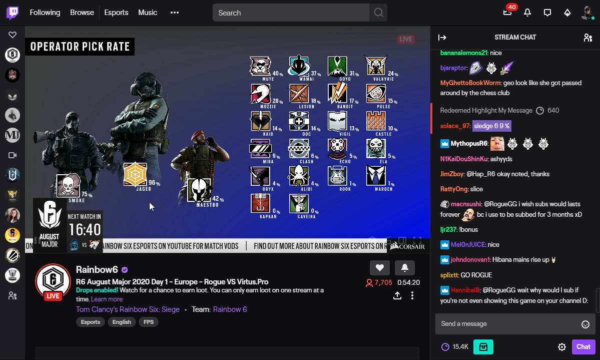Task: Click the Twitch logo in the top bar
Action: (13, 13)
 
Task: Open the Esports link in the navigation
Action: (116, 13)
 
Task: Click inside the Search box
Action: (290, 13)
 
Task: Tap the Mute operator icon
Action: (260, 66)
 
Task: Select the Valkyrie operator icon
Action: (376, 66)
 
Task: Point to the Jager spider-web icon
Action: (135, 174)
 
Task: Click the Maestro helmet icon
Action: (199, 189)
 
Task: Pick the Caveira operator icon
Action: (299, 203)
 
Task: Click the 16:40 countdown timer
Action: (85, 230)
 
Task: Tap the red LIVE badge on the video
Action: (406, 39)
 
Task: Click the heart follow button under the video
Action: (379, 268)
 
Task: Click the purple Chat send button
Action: (583, 346)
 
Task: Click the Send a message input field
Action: (508, 324)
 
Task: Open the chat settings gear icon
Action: (562, 347)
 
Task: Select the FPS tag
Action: (149, 322)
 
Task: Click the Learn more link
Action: (107, 299)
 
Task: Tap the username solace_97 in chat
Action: (455, 126)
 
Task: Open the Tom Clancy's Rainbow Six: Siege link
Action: (128, 309)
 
